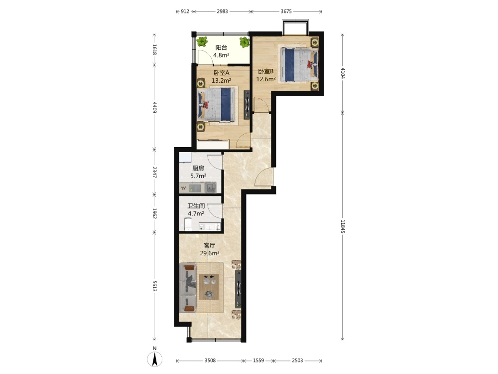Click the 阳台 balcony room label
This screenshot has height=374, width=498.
[222, 48]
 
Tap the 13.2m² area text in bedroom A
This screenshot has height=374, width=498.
[222, 80]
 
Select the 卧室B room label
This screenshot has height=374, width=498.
[266, 71]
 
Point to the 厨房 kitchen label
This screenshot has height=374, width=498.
[198, 168]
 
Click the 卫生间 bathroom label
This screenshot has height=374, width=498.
[196, 206]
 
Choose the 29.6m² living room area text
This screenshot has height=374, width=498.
[210, 253]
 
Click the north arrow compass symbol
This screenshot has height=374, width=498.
[155, 358]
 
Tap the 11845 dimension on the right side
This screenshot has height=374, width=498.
[343, 226]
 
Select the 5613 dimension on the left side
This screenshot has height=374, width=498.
[154, 286]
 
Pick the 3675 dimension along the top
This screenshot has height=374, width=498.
[286, 11]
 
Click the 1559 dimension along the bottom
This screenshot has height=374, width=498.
[258, 361]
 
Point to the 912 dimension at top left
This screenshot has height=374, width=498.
[185, 11]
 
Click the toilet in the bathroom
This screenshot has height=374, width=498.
[188, 224]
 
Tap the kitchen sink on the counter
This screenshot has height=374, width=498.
[210, 187]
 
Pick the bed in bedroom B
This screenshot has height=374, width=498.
[298, 65]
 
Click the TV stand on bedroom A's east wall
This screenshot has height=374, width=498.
[247, 105]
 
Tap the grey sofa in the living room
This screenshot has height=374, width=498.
[188, 288]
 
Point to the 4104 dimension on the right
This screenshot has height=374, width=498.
[343, 73]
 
